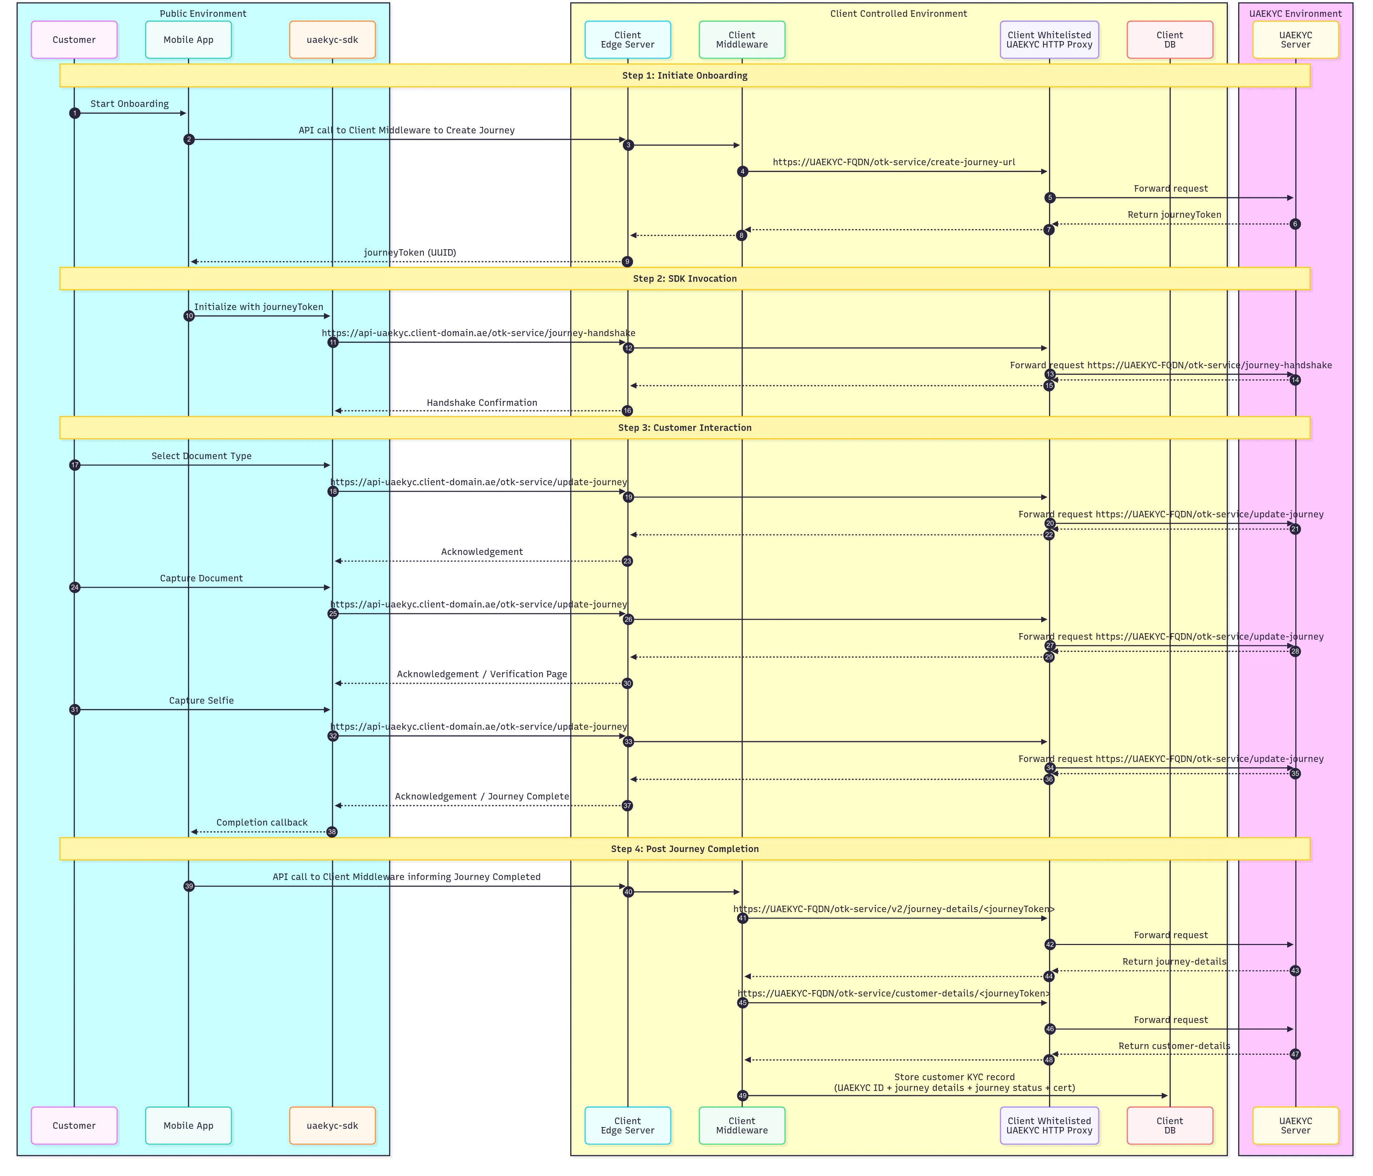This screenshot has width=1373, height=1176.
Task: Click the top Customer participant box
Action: pos(74,40)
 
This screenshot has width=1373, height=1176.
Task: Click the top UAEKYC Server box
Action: pos(1295,40)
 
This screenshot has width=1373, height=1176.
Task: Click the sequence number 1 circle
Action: pos(75,113)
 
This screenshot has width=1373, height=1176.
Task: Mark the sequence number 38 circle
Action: pos(332,832)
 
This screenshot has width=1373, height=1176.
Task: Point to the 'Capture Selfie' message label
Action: pos(201,700)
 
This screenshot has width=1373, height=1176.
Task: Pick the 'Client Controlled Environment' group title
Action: pos(899,14)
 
